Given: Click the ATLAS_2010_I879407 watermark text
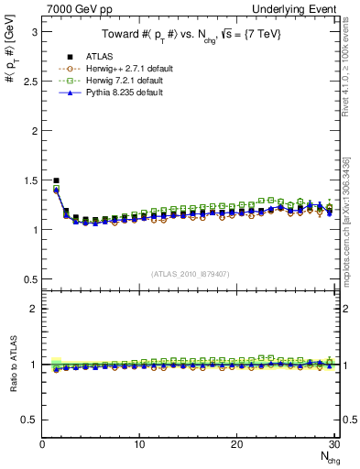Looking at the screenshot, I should (x=190, y=273).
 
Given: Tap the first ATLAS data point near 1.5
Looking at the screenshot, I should (x=57, y=180).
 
